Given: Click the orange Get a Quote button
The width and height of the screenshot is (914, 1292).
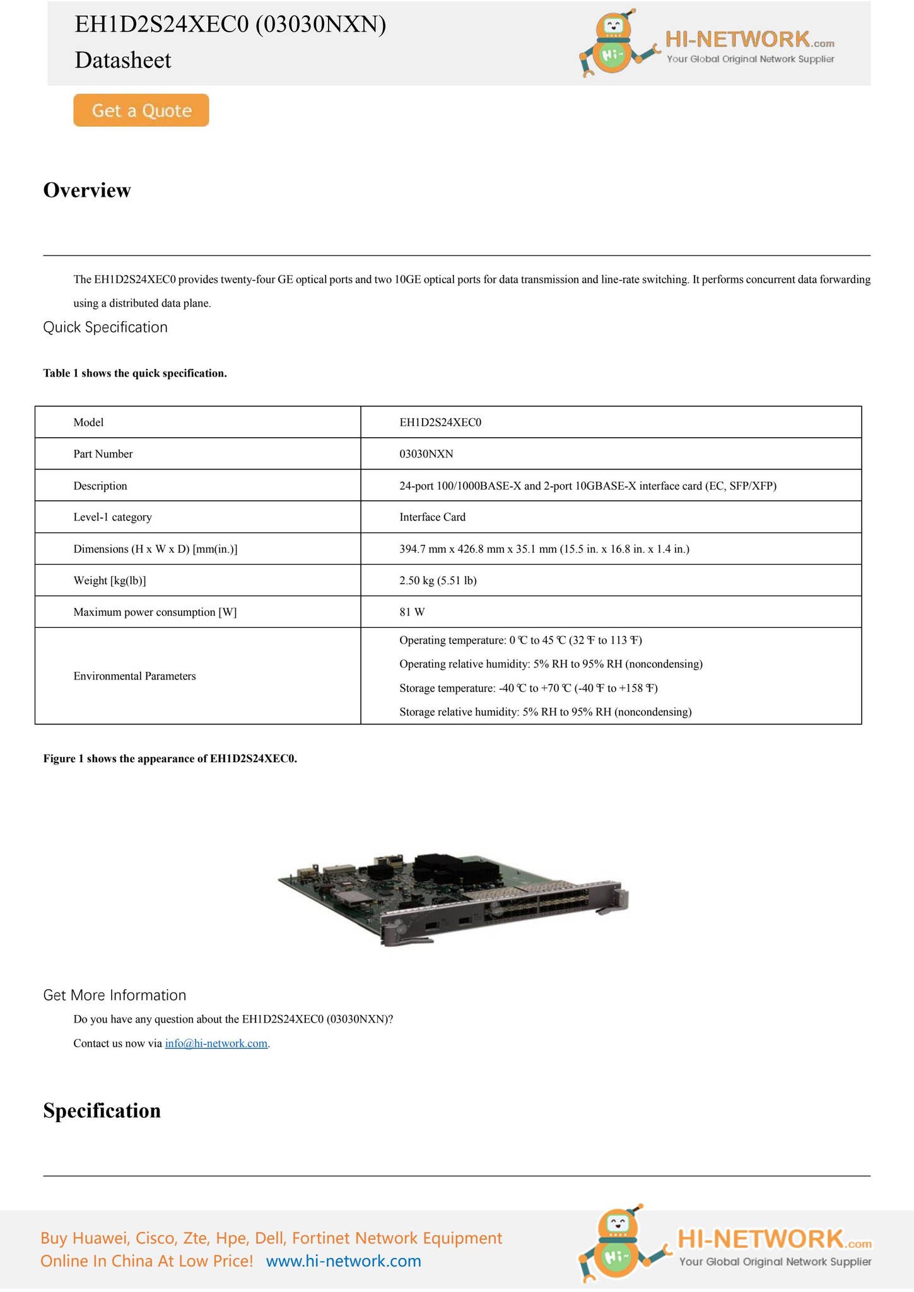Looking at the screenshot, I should [141, 110].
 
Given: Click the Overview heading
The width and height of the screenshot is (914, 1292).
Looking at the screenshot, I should [87, 190].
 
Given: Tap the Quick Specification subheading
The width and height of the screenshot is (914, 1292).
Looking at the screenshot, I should [105, 327].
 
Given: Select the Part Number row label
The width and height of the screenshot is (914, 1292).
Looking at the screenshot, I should [103, 454].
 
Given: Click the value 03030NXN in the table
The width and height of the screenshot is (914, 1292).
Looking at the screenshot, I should [426, 454].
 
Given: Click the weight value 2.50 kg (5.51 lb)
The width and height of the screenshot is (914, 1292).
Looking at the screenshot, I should [438, 580].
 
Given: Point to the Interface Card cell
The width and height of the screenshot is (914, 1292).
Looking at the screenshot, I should [432, 517].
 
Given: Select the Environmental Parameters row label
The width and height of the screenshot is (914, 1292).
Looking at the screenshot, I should [134, 676].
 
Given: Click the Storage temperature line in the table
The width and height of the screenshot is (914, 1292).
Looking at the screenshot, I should [528, 688].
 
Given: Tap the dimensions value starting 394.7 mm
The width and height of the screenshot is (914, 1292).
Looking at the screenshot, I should [544, 549].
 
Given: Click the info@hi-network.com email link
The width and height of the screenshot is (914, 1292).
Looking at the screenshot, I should [216, 1043].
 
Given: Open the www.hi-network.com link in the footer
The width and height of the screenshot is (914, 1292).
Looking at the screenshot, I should [343, 1262].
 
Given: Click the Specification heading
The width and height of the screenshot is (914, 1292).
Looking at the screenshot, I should [102, 1111].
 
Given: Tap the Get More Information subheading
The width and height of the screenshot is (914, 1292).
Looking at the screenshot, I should [114, 995].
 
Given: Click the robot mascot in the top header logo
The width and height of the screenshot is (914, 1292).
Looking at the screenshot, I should [612, 44].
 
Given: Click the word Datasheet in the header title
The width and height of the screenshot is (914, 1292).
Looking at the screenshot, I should [123, 61].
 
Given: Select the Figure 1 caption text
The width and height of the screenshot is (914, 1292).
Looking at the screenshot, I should [170, 759].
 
